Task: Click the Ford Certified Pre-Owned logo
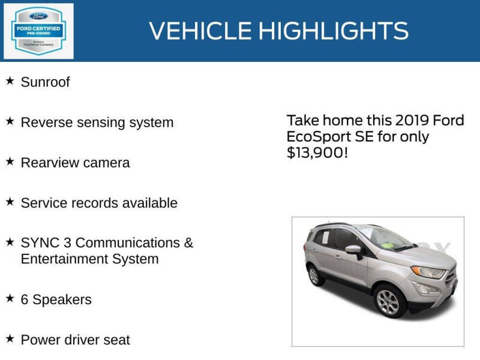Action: point(39,31)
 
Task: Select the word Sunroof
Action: point(45,82)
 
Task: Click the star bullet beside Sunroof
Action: point(10,80)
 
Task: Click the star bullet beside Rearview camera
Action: point(10,161)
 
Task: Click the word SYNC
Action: point(37,243)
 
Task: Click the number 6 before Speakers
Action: point(25,299)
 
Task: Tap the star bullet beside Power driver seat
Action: point(10,338)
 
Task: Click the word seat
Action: point(116,340)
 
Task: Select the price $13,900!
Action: point(317,153)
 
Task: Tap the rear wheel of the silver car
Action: point(314,276)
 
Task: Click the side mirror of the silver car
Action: point(353,250)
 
